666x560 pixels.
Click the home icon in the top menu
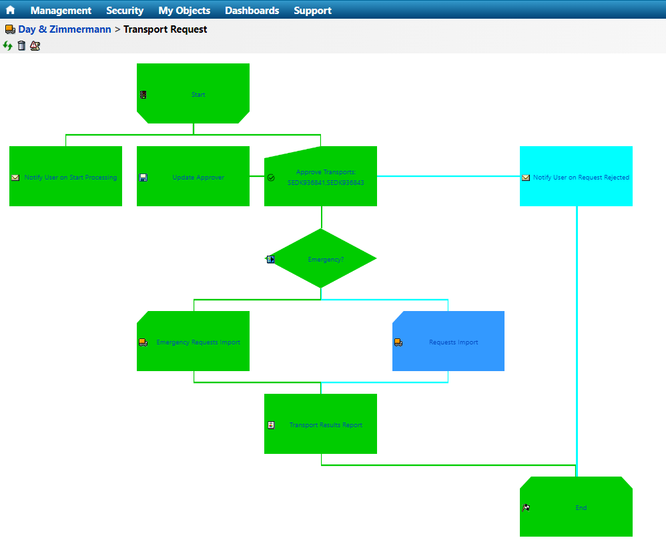(x=10, y=10)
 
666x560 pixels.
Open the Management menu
(x=61, y=11)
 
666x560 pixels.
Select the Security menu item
(x=125, y=11)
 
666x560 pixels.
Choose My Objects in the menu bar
(x=184, y=11)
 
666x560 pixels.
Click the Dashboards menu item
(x=252, y=11)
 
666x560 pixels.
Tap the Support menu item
(x=312, y=11)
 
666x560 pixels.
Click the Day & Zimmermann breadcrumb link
(x=65, y=29)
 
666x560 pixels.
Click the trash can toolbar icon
(x=21, y=45)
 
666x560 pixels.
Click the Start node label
(x=198, y=95)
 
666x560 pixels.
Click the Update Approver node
(x=198, y=178)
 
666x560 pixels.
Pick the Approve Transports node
(x=326, y=177)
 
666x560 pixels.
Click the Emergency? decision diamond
(x=325, y=259)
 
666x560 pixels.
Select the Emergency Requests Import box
(x=198, y=342)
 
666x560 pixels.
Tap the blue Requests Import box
(x=453, y=342)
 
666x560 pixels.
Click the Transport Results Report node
(x=325, y=425)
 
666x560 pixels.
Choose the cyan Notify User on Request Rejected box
(x=581, y=178)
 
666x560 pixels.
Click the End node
(x=581, y=508)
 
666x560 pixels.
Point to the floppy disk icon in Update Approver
(x=143, y=178)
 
